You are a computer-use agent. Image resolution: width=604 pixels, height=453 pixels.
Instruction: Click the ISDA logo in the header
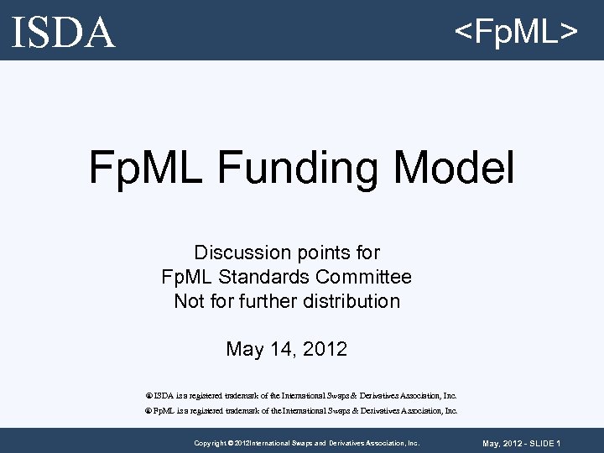64,32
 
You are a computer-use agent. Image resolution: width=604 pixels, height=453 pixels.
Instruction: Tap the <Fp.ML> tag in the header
515,32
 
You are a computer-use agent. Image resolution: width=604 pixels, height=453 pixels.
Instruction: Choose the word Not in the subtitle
189,301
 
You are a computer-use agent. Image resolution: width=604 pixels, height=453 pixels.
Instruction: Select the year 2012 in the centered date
324,349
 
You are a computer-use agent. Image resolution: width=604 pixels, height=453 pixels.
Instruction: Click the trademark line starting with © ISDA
302,395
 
